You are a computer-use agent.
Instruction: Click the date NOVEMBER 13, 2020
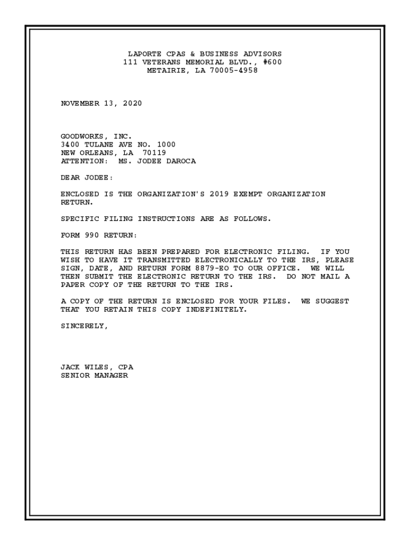pos(101,104)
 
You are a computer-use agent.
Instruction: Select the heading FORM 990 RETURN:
pos(99,235)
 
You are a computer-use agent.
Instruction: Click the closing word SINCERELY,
pos(84,326)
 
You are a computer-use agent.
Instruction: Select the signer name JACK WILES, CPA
pos(97,367)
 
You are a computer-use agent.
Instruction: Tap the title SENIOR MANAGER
pos(94,376)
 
